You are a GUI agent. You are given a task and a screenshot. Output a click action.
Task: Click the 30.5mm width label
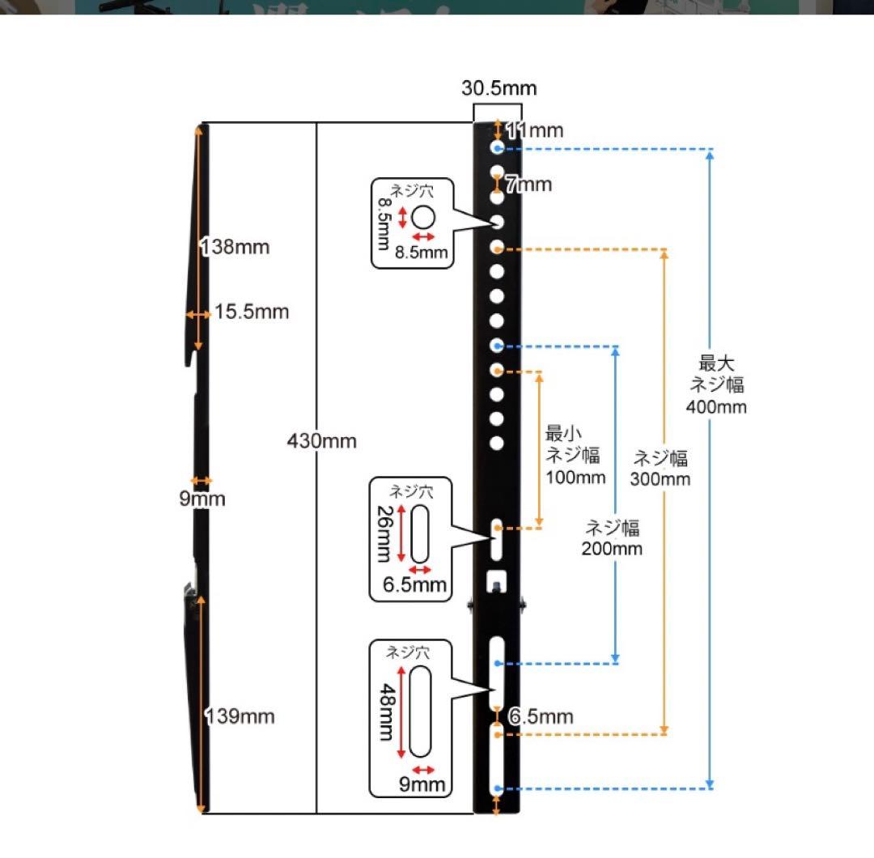point(499,88)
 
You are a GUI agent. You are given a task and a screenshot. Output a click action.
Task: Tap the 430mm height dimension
point(321,441)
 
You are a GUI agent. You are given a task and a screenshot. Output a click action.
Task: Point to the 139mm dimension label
point(240,716)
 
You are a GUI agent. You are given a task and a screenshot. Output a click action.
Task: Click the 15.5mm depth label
point(251,312)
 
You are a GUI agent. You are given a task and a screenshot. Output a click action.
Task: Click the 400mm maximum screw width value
point(715,406)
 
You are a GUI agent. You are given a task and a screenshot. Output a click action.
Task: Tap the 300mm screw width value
point(660,478)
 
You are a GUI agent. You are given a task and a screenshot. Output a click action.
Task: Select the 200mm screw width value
point(612,549)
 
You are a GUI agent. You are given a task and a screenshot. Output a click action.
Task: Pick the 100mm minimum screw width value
point(575,477)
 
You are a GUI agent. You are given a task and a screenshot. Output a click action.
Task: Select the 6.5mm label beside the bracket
point(541,716)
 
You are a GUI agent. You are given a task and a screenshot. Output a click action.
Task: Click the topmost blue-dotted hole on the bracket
point(496,148)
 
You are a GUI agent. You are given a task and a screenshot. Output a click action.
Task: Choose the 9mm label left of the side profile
point(202,499)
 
